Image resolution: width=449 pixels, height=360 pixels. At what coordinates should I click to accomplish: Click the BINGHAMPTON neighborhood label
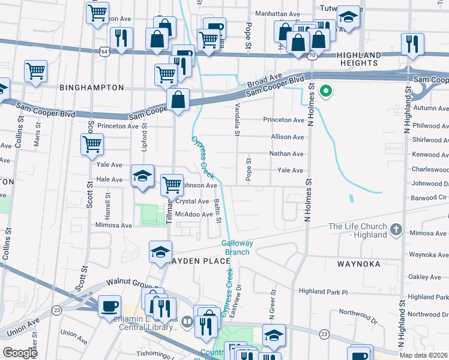coord(91,88)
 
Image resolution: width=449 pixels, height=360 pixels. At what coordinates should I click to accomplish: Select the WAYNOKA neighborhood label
coord(360,263)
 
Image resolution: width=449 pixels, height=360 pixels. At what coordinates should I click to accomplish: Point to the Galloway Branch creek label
coord(237,248)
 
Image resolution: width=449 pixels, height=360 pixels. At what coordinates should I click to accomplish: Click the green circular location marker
coord(326,92)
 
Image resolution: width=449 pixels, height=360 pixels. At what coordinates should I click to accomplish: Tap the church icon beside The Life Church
coord(396,229)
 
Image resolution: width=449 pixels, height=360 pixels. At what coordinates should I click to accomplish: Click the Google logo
coord(20,353)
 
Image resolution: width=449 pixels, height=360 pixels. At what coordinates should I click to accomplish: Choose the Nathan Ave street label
coord(286,154)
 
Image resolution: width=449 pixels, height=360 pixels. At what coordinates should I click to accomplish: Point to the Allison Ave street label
coord(288,137)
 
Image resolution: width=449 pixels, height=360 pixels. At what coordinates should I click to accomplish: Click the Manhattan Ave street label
coord(278,13)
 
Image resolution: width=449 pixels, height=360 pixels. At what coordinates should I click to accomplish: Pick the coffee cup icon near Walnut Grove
coord(109,305)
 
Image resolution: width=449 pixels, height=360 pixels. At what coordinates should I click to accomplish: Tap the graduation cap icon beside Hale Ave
coord(142,176)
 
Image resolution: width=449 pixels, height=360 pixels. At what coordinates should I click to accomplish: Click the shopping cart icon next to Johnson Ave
coord(172,184)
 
